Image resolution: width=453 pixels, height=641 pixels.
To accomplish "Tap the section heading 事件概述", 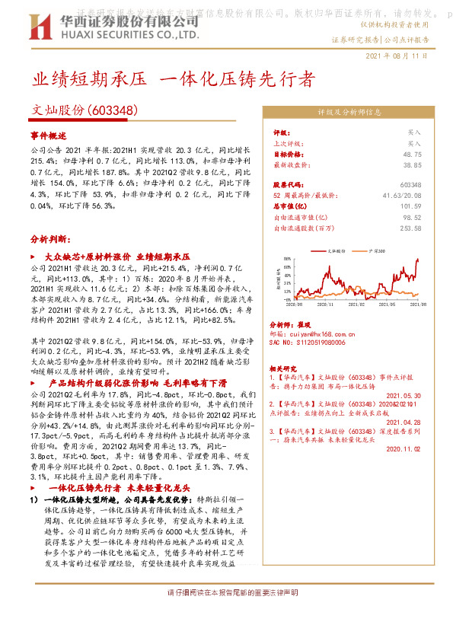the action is coord(49,135).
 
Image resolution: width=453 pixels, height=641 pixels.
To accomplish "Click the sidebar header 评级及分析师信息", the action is coord(349,112).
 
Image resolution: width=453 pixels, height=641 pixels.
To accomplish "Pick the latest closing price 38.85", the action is coord(412,164).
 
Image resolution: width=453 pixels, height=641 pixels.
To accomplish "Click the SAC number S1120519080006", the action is coord(317,343).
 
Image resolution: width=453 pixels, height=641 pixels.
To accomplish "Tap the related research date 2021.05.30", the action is coord(404,396).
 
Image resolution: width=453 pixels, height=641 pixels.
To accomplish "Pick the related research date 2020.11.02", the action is coord(404,449).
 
